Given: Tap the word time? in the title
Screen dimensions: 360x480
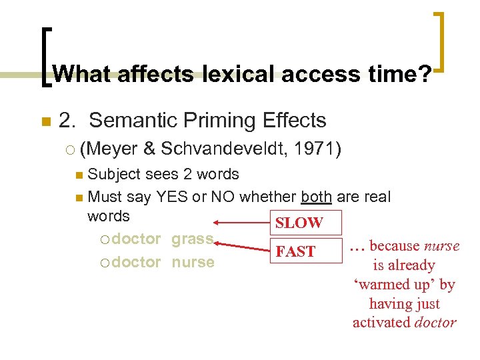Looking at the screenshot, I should point(400,73).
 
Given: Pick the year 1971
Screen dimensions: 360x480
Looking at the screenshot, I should point(317,149).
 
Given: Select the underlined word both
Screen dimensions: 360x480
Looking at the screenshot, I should point(317,197).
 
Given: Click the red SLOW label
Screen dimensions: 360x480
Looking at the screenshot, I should point(299,223).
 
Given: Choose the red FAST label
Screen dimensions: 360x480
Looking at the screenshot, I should point(295,251).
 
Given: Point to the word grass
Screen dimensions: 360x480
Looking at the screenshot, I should point(193,239).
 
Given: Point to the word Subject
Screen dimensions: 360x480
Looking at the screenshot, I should point(114,175).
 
